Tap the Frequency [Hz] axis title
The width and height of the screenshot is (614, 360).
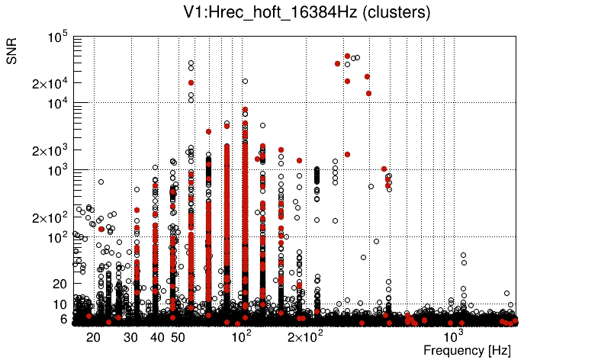click(467, 351)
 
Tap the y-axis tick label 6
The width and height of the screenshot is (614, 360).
click(65, 320)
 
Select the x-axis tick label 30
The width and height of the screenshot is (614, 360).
click(131, 337)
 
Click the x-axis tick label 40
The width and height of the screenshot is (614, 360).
click(158, 337)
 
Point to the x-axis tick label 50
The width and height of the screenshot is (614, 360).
click(178, 337)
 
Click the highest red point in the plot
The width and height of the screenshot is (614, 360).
click(347, 56)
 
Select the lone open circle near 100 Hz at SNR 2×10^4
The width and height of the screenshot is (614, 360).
click(245, 81)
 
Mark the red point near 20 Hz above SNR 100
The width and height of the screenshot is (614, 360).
click(101, 229)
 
